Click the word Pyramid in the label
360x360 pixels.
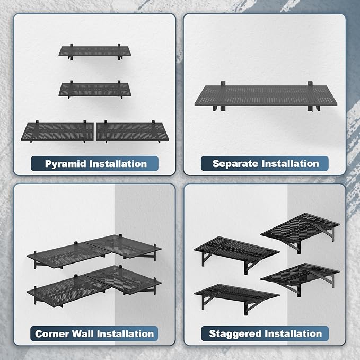tap(65, 164)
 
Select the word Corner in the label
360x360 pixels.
tap(52, 334)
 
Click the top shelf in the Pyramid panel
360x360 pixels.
tap(95, 52)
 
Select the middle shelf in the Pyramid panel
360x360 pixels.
tap(95, 90)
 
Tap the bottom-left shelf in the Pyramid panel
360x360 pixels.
tap(57, 131)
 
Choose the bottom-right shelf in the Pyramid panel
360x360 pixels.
tap(133, 131)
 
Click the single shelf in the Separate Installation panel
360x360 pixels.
tap(266, 96)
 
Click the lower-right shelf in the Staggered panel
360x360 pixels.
tap(300, 278)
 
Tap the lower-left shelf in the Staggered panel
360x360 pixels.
tap(236, 297)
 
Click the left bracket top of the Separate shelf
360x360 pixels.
tap(223, 84)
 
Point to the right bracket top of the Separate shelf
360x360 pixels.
tap(310, 84)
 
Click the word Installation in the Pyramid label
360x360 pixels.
tap(118, 164)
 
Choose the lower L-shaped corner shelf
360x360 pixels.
tap(94, 286)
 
